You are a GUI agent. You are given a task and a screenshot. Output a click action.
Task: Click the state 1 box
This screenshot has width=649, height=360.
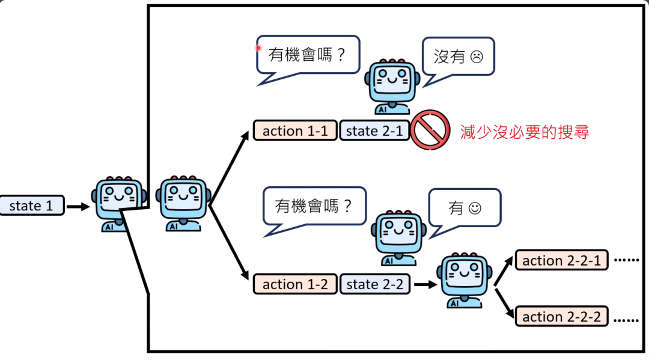pyautogui.click(x=32, y=206)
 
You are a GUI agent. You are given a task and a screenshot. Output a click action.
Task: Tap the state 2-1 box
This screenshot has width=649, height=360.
pyautogui.click(x=374, y=131)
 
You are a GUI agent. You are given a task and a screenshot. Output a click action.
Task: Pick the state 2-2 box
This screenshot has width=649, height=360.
pyautogui.click(x=374, y=284)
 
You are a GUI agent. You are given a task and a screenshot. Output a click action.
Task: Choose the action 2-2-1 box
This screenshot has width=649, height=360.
pyautogui.click(x=562, y=261)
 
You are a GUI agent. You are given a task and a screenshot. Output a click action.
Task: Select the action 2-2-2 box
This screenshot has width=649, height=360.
pyautogui.click(x=562, y=317)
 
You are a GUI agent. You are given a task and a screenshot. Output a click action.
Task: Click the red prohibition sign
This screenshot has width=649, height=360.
pyautogui.click(x=431, y=130)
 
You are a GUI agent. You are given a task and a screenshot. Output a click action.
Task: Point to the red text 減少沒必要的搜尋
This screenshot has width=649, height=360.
pyautogui.click(x=524, y=132)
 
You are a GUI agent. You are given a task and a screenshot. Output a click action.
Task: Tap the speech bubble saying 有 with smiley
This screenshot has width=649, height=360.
pyautogui.click(x=465, y=208)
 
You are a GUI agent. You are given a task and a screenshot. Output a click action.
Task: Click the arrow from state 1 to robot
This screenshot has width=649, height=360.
pyautogui.click(x=77, y=206)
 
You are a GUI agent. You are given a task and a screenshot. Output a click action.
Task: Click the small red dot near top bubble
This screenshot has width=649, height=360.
pyautogui.click(x=259, y=47)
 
